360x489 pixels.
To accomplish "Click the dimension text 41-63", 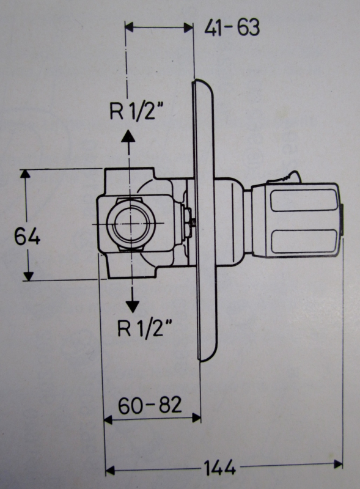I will tap(232, 28).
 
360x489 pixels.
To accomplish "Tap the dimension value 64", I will tap(28, 236).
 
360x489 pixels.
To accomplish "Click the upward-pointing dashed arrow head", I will tap(128, 136).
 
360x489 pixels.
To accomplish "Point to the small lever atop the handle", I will tap(284, 177).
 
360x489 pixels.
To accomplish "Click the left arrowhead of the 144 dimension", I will tap(111, 470).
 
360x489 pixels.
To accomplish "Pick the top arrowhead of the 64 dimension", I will tap(26, 174).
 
